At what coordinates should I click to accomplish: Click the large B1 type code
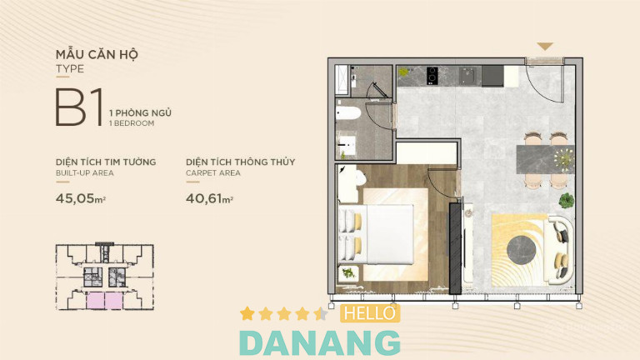[79, 107]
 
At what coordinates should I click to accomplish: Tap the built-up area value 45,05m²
[81, 199]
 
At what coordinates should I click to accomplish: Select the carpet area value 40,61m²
[209, 199]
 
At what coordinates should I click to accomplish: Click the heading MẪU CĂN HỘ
[97, 54]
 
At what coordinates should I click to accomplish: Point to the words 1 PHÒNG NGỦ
[140, 113]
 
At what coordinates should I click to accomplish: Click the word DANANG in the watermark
[320, 343]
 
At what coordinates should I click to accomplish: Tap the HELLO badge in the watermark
[370, 313]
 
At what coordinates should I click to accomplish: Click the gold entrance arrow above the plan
[544, 46]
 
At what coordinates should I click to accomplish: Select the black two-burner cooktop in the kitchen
[432, 76]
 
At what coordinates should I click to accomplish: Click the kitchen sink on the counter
[467, 76]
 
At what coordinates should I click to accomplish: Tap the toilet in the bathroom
[348, 113]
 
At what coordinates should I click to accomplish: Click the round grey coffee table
[521, 249]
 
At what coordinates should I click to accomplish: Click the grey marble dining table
[545, 159]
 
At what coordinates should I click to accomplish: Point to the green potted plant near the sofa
[566, 200]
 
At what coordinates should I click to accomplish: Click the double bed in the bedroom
[376, 234]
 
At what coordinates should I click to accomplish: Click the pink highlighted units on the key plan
[104, 301]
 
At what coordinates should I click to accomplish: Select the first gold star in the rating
[247, 313]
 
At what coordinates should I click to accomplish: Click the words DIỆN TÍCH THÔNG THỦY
[240, 162]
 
